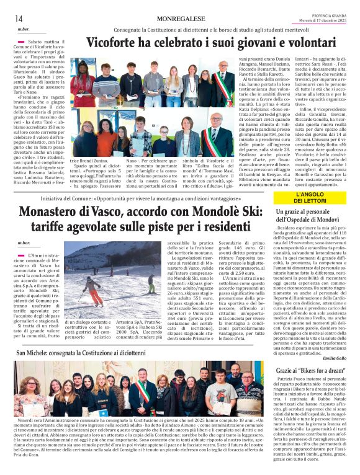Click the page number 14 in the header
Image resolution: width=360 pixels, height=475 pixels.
[x=19, y=18]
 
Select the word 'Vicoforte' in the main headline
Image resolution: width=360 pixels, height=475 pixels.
[x=114, y=44]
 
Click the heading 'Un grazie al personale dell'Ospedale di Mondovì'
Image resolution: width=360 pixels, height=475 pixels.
[x=307, y=216]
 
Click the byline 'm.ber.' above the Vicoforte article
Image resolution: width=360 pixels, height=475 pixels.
[x=24, y=29]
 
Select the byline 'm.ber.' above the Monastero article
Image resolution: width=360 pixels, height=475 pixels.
[x=24, y=242]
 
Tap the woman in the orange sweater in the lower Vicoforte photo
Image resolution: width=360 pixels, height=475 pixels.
[x=187, y=137]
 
